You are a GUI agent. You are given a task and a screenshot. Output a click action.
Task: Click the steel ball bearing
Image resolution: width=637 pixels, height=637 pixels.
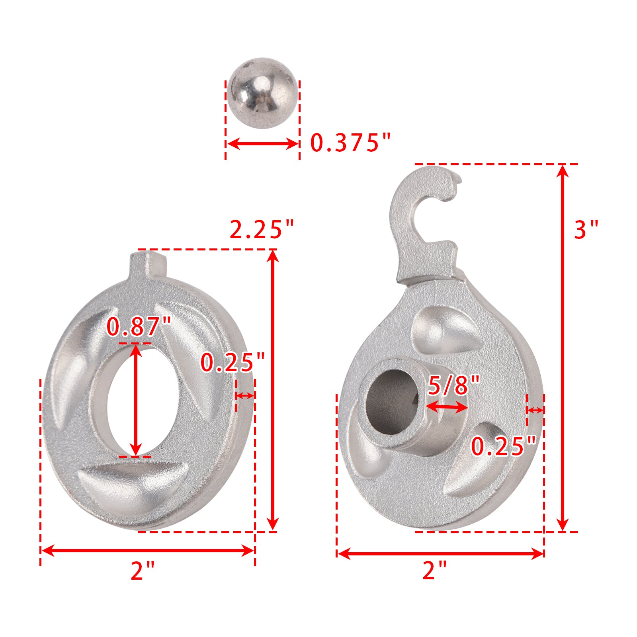(262, 94)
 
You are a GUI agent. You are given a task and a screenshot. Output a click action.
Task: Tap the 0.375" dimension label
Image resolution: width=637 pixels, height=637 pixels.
(350, 143)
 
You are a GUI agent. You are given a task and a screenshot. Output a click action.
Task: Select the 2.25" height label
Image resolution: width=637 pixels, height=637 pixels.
(262, 230)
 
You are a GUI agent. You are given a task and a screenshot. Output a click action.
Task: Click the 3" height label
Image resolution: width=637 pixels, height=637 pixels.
(586, 230)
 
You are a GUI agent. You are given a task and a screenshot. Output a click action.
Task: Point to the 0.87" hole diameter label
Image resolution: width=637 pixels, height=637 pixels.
(139, 327)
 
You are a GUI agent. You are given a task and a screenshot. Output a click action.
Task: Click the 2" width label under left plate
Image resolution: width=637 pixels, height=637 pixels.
(142, 571)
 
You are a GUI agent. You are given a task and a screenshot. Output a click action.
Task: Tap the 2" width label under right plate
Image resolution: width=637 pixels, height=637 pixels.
(434, 570)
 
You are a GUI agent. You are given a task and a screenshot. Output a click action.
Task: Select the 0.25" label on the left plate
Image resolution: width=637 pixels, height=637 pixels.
(232, 363)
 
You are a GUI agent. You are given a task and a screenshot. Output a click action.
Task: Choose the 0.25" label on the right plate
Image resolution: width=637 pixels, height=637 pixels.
(504, 446)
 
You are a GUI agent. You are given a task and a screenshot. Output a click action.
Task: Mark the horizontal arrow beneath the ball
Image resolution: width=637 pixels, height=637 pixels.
(262, 144)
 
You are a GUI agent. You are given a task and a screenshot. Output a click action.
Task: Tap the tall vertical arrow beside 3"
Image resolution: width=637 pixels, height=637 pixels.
(562, 348)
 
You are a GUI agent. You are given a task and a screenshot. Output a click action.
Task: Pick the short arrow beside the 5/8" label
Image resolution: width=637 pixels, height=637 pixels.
(446, 407)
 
